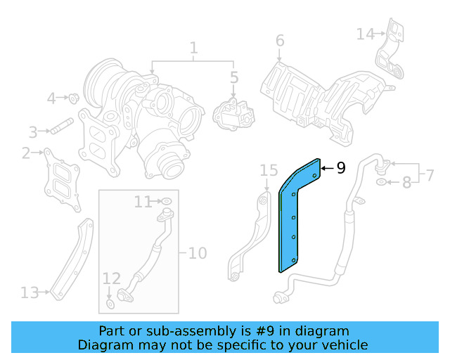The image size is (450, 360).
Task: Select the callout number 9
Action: point(341,167)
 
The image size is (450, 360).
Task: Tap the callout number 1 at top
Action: point(193,49)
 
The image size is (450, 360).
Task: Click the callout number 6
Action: point(280,41)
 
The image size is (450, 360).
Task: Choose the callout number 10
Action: point(198,252)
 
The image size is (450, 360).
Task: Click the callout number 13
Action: point(30,292)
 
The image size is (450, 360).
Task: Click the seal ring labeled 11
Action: point(167,202)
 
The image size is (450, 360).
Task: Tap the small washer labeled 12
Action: point(111,304)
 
